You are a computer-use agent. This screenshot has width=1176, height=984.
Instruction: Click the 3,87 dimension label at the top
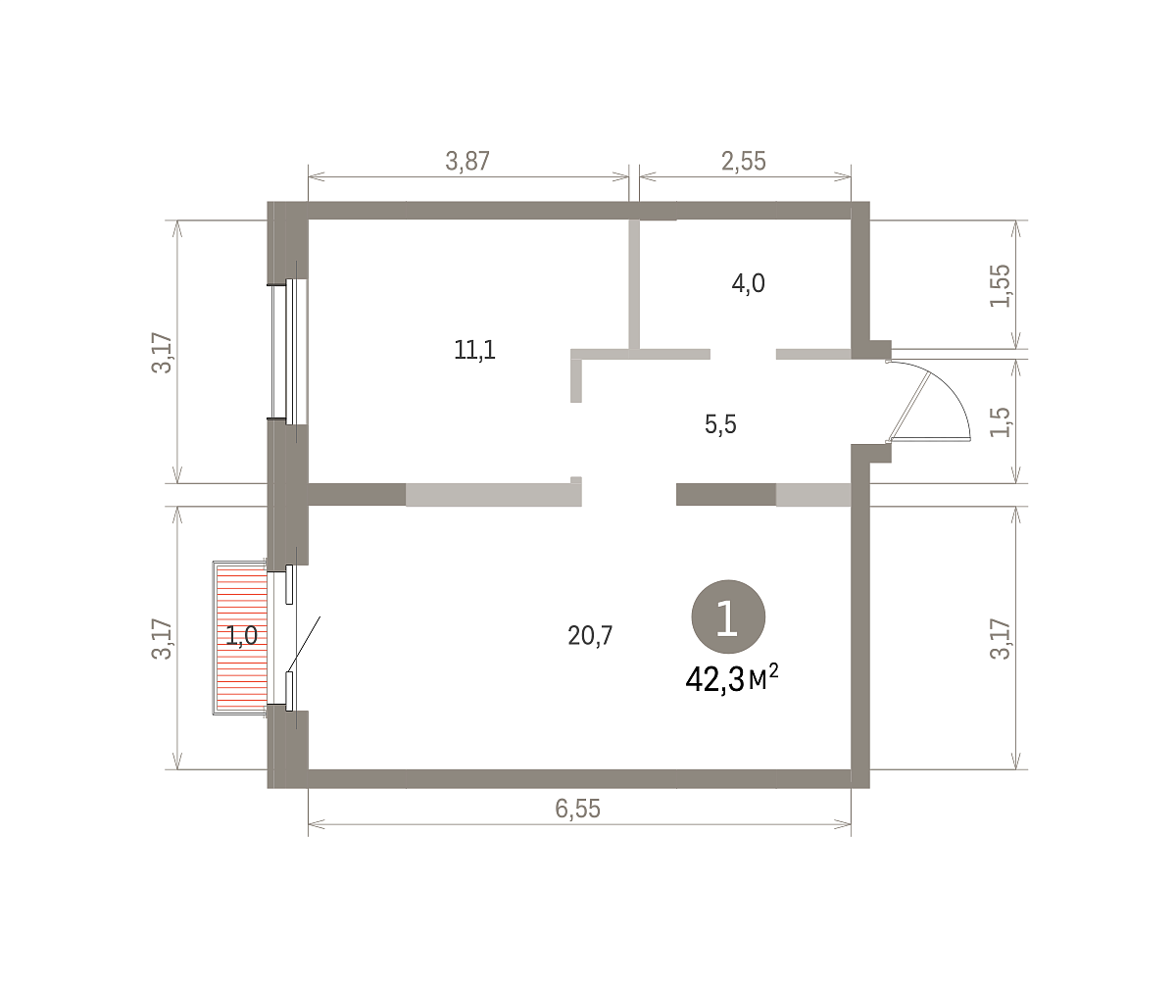[467, 161]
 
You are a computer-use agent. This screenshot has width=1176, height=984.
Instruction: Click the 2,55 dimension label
[744, 161]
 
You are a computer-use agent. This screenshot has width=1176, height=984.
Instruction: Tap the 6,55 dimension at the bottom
[578, 809]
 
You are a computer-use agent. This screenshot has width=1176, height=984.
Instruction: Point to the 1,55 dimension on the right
[1001, 285]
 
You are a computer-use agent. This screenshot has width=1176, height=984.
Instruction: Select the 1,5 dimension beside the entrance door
[1001, 421]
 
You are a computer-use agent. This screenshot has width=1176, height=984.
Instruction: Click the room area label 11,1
[474, 350]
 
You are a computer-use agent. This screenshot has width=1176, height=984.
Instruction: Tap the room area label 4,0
[748, 283]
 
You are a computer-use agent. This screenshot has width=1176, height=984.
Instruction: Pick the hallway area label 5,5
[720, 424]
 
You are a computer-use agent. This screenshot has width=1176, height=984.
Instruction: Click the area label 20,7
[590, 635]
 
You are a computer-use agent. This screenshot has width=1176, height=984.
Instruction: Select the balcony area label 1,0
[242, 636]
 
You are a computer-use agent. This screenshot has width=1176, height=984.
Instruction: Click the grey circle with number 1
[728, 616]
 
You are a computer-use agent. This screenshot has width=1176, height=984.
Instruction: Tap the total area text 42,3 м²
[732, 678]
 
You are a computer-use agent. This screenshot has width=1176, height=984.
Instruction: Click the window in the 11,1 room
[289, 352]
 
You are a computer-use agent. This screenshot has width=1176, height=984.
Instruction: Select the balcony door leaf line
[304, 644]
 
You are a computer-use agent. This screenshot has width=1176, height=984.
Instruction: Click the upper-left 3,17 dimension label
[162, 353]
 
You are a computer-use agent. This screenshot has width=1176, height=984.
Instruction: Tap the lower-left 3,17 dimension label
[162, 639]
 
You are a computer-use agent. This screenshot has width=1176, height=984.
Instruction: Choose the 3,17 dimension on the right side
[1001, 639]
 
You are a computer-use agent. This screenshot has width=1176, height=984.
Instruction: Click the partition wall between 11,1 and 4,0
[634, 284]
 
